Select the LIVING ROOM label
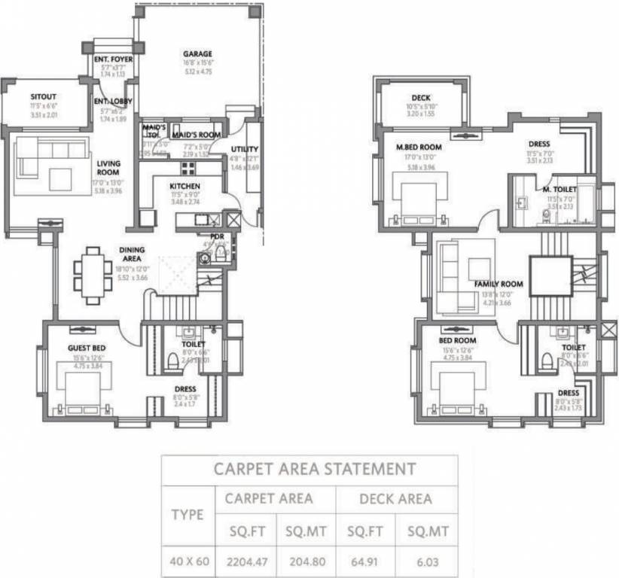click(108, 167)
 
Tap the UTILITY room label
click(245, 149)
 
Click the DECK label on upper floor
click(420, 98)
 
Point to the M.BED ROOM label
click(419, 147)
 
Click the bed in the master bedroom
click(418, 199)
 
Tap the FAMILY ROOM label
click(498, 284)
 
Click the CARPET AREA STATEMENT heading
click(314, 469)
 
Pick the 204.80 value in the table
click(305, 560)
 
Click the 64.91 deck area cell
click(366, 560)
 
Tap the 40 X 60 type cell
click(188, 560)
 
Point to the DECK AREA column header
click(395, 498)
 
